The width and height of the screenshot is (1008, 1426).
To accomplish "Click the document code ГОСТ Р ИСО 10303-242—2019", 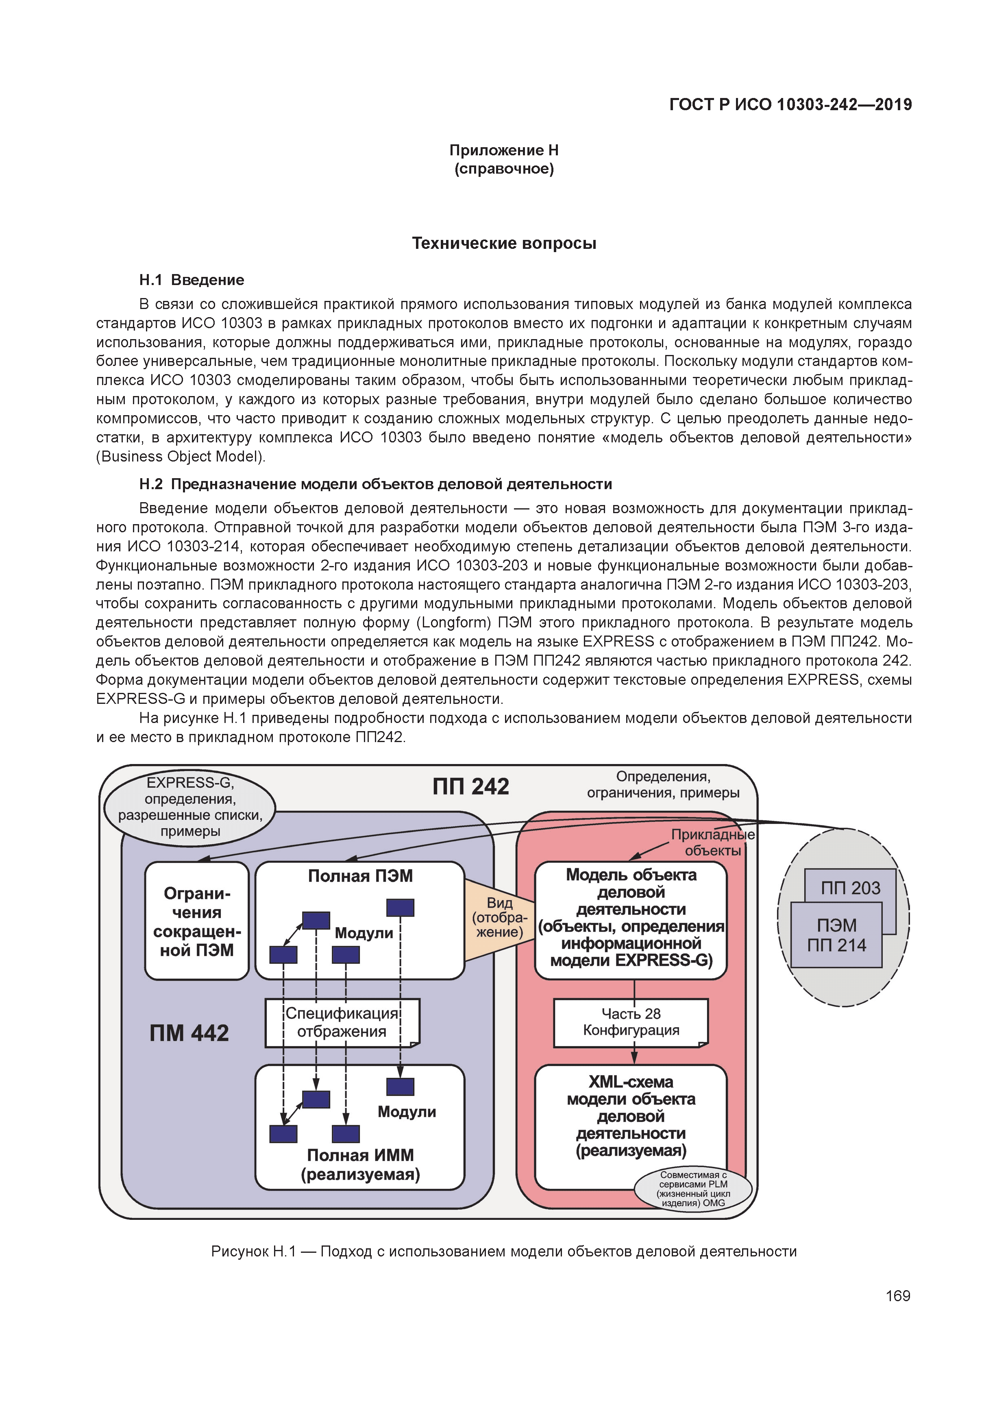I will click(790, 105).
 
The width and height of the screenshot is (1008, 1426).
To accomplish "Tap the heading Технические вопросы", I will click(504, 244).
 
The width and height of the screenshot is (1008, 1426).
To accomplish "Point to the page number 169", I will click(897, 1295).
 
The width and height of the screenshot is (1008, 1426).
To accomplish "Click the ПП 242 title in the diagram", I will click(471, 787).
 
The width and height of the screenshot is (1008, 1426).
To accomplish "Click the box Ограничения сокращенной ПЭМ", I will click(196, 922).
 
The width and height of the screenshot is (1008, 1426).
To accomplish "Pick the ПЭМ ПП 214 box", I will click(836, 935).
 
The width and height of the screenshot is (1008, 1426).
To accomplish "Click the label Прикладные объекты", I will click(712, 843).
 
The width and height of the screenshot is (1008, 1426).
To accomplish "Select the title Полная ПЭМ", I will click(360, 876).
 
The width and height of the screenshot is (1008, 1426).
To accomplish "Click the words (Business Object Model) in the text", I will click(181, 457).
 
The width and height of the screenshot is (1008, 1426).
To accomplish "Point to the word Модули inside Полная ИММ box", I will click(406, 1112).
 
